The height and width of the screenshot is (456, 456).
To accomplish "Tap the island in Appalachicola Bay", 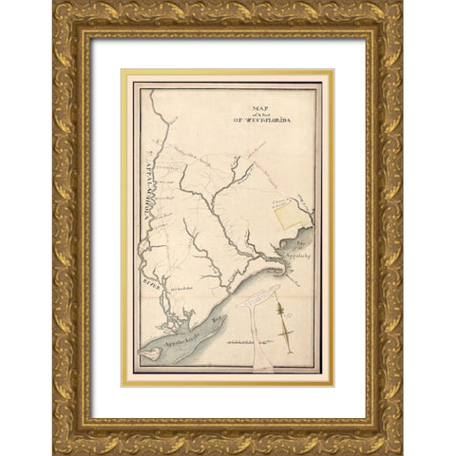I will click(x=151, y=354).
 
